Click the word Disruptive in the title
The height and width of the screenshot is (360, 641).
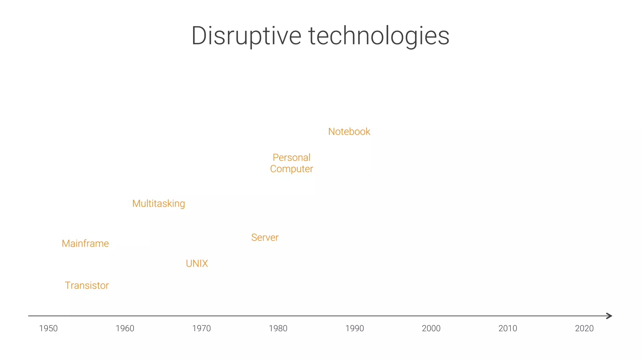(x=246, y=36)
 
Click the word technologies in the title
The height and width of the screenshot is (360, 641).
(x=379, y=36)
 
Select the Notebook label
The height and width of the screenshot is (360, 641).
(x=349, y=132)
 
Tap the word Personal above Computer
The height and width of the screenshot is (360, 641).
(x=291, y=158)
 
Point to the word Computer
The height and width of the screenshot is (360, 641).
(x=291, y=169)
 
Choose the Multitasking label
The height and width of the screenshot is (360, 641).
(x=158, y=204)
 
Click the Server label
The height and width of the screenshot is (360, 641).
(x=265, y=237)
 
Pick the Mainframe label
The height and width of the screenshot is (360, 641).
(x=85, y=243)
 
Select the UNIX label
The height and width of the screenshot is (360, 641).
(x=197, y=263)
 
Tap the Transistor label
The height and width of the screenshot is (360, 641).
(x=87, y=285)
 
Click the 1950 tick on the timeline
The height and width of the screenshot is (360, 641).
(x=48, y=328)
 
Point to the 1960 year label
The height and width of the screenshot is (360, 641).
(x=125, y=328)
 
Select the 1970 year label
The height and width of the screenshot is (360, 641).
(x=201, y=328)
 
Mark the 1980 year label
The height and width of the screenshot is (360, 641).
(x=278, y=328)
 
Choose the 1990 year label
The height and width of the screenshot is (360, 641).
(x=355, y=328)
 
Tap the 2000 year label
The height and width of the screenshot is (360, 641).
(x=431, y=328)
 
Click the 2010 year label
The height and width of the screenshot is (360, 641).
(x=508, y=328)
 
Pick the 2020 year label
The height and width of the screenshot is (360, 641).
(x=584, y=328)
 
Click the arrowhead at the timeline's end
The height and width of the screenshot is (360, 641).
(x=609, y=316)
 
